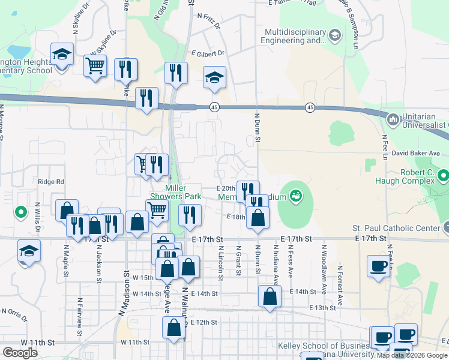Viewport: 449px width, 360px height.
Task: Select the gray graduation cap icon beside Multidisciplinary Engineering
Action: (334, 36)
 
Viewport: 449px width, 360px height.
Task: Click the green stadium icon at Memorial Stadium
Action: (295, 195)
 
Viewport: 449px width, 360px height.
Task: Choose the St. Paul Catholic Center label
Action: (397, 227)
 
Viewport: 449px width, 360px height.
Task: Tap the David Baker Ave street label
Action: (417, 154)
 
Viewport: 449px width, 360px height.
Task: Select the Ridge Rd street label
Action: (50, 182)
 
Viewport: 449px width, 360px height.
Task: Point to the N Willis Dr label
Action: (37, 217)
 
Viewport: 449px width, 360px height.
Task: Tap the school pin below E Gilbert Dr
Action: (214, 77)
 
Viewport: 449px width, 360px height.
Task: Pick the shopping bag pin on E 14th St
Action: (270, 295)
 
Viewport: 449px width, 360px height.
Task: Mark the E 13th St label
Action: (324, 307)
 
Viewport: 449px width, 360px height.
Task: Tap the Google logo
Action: (20, 353)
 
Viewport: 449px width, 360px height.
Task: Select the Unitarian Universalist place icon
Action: (393, 119)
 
